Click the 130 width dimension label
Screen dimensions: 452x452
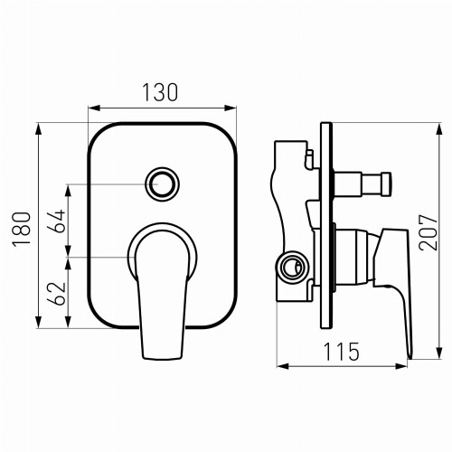[x=160, y=92]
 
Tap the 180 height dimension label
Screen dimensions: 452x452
[x=22, y=229]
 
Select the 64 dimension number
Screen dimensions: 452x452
[x=57, y=221]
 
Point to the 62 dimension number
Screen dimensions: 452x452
[x=57, y=294]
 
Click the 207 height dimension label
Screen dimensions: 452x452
[x=428, y=232]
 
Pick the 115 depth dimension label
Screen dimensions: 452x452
[x=342, y=352]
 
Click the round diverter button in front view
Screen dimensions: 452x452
[x=162, y=184]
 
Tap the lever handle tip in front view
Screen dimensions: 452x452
[x=163, y=358]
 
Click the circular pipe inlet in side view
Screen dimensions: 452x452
[x=291, y=267]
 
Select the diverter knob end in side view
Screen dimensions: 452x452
[x=386, y=184]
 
